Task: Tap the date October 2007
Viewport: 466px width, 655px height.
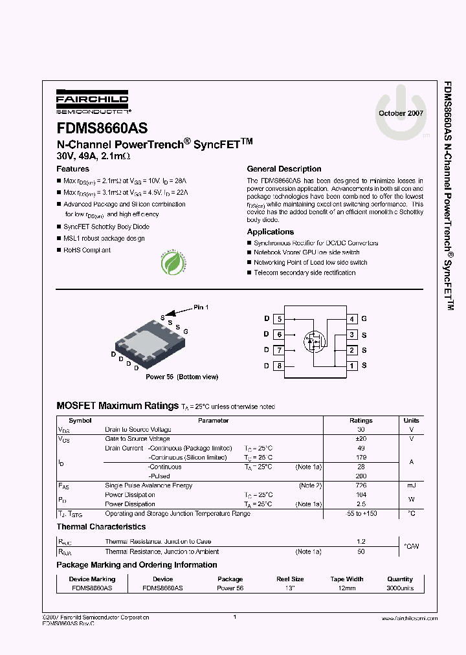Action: pos(401,113)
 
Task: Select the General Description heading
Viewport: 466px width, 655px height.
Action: pos(284,169)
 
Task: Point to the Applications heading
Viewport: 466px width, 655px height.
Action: pos(271,232)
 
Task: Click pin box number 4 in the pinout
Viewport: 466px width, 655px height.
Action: pos(351,319)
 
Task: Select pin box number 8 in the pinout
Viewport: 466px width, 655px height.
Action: pos(279,366)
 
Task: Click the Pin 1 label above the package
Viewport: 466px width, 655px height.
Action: pos(201,307)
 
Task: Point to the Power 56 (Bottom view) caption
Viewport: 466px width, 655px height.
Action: pos(182,377)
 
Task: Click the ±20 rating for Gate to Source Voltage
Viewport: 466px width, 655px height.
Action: pos(361,439)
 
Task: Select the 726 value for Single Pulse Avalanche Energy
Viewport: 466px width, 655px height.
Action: pos(361,485)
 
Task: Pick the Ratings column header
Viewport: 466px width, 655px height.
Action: pos(361,421)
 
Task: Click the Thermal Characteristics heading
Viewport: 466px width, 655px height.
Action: pos(101,527)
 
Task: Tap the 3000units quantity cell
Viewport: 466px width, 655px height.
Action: pos(400,588)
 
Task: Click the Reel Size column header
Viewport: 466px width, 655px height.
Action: pos(289,579)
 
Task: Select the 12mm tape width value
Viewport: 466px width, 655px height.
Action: pos(347,588)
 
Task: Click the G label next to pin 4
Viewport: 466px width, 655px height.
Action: pos(364,319)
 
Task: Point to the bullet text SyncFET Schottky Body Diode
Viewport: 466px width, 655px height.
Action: pos(106,227)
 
